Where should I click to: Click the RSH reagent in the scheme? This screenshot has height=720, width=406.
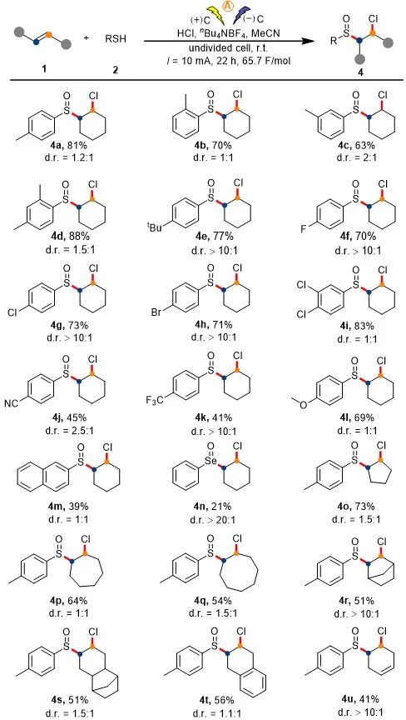[115, 39]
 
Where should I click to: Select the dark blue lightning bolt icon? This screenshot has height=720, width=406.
[240, 15]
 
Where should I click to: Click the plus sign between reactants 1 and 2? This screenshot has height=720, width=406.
[87, 38]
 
